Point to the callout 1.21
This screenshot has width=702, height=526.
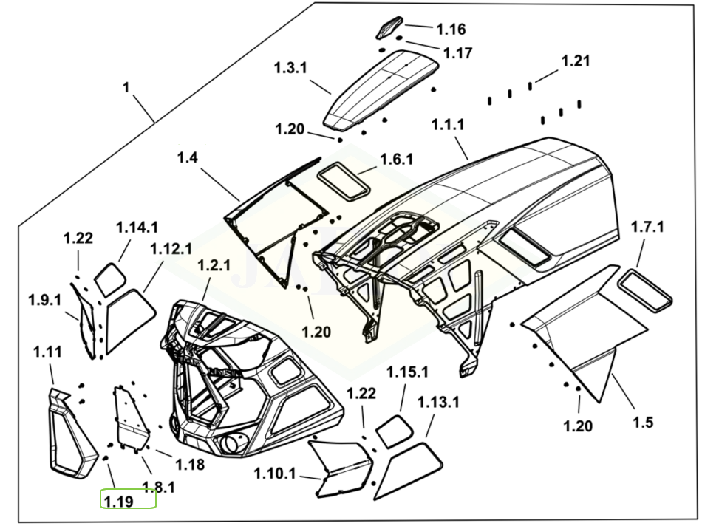[x=576, y=61]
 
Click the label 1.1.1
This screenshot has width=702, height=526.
[x=447, y=125]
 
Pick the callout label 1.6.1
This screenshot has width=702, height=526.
[x=397, y=160]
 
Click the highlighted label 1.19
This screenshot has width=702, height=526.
[x=118, y=502]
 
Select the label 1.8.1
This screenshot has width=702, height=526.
[x=159, y=488]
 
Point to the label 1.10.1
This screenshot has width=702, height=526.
[x=275, y=473]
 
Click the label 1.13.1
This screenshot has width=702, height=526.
[x=439, y=402]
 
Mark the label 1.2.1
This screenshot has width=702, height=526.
[x=214, y=266]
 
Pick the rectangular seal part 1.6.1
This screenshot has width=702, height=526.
[x=343, y=180]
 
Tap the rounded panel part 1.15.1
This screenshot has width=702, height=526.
[x=392, y=430]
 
